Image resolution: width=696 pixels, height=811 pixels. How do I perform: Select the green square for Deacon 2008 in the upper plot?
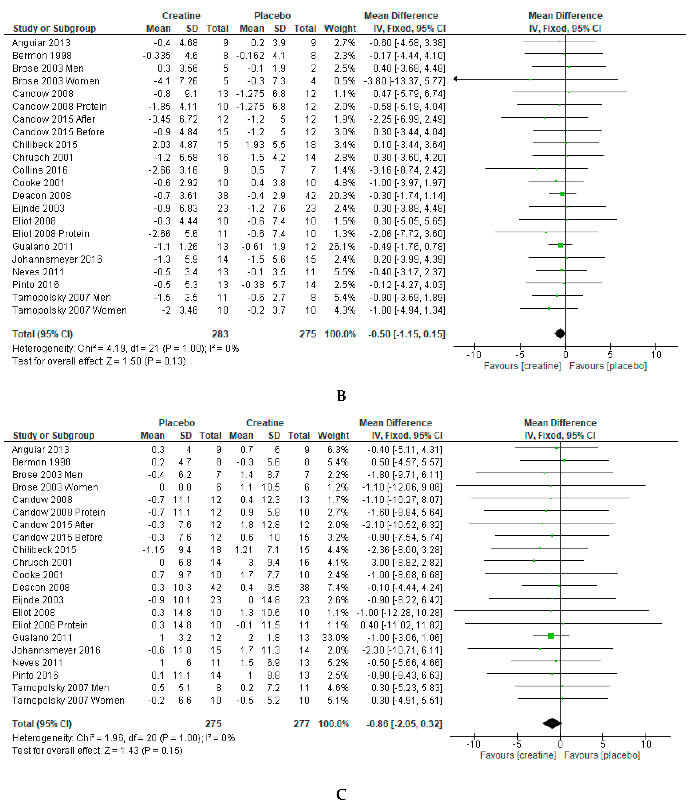point(562,194)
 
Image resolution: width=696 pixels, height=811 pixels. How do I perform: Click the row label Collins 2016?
point(40,170)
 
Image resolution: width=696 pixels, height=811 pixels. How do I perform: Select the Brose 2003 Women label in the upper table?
point(56,81)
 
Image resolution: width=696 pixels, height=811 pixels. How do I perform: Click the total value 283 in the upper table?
point(220,334)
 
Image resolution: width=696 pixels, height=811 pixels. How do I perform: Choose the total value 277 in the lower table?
point(301,724)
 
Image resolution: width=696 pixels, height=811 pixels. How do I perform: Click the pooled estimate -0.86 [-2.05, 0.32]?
point(404,724)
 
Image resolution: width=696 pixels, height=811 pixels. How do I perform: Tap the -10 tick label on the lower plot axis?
point(473,744)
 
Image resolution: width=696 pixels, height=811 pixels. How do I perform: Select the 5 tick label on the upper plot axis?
point(610,355)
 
